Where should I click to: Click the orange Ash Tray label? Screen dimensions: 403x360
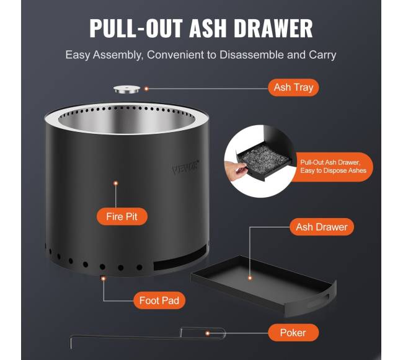tap(293, 87)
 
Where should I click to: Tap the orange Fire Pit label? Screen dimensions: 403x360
tap(122, 216)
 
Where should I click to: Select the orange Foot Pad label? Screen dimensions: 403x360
tap(159, 301)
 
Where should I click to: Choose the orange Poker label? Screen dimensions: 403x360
tap(293, 333)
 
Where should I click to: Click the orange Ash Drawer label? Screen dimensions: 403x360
tap(322, 227)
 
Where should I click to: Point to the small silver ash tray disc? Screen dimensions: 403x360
tap(127, 90)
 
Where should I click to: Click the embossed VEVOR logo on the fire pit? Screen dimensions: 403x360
tap(185, 167)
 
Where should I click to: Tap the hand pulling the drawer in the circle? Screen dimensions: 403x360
tap(235, 170)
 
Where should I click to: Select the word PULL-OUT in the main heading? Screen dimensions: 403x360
tap(136, 29)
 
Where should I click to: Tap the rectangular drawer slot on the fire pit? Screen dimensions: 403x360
tap(180, 258)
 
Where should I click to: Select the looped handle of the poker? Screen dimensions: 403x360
tap(203, 333)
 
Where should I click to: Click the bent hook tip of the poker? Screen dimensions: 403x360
tap(71, 342)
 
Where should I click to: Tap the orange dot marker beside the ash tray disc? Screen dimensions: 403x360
tap(146, 89)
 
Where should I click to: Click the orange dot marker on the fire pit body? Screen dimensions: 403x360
tap(116, 183)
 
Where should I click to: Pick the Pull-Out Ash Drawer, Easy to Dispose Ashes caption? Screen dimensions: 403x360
tap(333, 167)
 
